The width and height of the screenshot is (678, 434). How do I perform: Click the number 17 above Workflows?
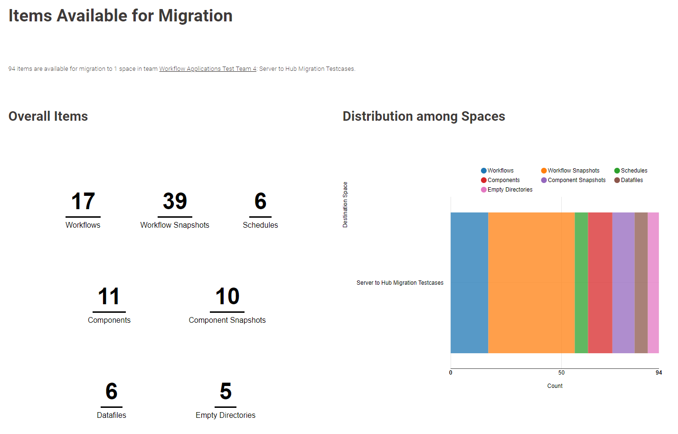coord(83,202)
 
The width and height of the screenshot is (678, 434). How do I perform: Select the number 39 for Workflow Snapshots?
coord(175,202)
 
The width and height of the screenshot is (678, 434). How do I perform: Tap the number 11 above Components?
coord(109,297)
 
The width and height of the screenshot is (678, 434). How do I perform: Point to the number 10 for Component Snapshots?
coord(227,297)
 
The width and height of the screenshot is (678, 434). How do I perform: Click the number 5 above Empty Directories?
coord(226,392)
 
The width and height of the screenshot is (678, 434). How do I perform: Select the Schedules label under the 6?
coord(260,225)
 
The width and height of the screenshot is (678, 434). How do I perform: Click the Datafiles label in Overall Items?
coord(112,415)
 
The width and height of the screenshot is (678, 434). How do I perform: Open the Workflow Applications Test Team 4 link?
coord(207,69)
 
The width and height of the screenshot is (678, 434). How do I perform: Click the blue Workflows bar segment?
coord(469,283)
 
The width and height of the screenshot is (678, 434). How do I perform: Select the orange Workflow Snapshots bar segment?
coord(531,283)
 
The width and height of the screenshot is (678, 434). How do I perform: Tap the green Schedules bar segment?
coord(581,283)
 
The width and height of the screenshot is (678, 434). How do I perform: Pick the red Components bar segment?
coord(600,283)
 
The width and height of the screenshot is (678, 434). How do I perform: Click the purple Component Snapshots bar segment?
coord(623,283)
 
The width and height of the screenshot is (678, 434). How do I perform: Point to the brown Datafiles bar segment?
coord(641,283)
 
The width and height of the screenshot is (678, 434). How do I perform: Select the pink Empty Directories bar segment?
coord(653,283)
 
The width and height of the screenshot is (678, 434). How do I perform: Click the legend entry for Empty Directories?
coord(509,190)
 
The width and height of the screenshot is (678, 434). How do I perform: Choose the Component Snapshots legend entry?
coord(576,180)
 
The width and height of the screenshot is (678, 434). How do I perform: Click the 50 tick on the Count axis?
coord(561,373)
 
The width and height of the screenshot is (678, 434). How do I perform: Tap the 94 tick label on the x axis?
coord(659,373)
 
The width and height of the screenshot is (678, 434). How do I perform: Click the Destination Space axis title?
coord(345,205)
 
